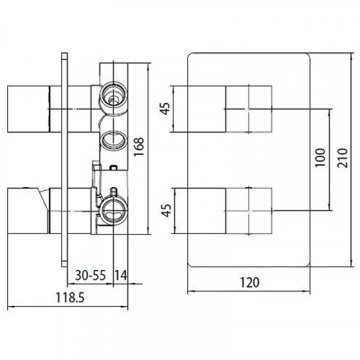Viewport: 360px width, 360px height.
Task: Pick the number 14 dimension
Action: [x=120, y=274]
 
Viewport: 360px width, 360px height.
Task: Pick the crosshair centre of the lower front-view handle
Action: [x=250, y=211]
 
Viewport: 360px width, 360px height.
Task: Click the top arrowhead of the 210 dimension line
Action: [x=346, y=54]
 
